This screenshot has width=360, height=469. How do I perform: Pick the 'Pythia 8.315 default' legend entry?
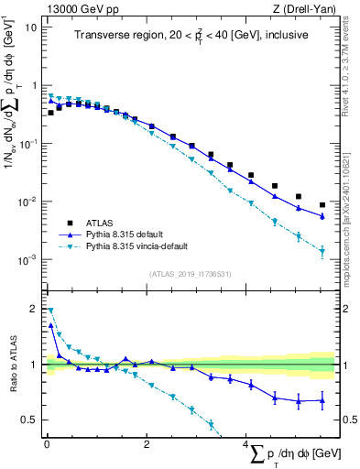(x=120, y=234)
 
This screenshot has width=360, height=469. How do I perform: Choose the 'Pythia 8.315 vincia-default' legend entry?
(x=133, y=246)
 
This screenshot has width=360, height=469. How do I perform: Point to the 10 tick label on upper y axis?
(x=30, y=27)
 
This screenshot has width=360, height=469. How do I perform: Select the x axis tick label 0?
(x=47, y=443)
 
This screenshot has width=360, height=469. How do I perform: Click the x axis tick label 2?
(x=147, y=443)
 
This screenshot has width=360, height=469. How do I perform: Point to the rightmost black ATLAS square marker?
(x=322, y=205)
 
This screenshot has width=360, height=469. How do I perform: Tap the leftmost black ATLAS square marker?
(x=50, y=113)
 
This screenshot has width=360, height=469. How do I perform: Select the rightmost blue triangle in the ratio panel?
(x=322, y=400)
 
